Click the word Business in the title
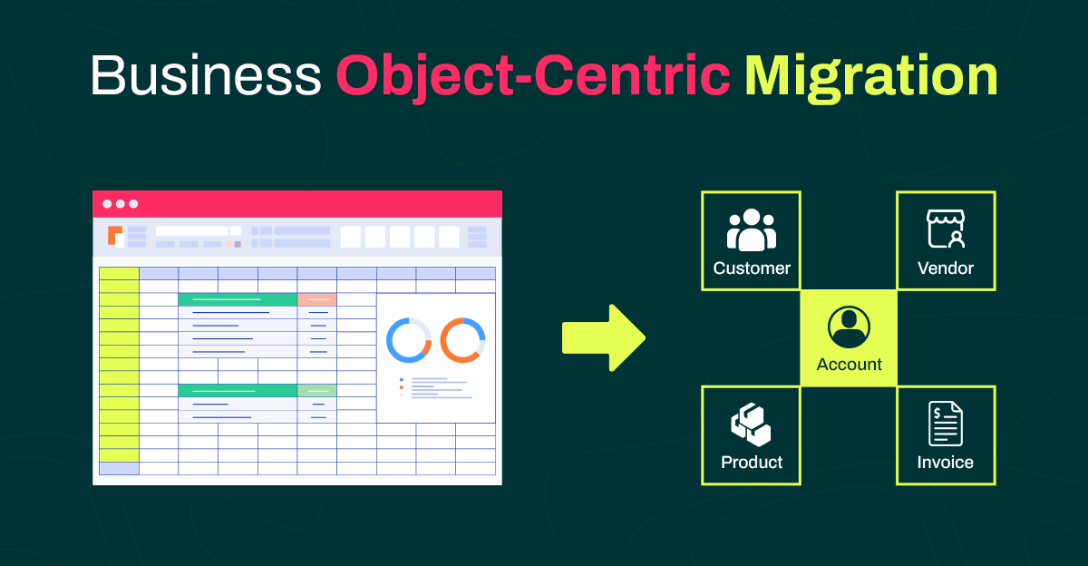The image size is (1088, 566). click(206, 75)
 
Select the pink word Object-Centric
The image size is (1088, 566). click(533, 78)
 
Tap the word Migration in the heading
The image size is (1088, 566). click(871, 78)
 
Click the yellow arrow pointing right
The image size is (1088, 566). click(604, 338)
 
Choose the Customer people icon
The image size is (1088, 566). click(752, 229)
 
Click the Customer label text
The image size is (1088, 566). click(752, 268)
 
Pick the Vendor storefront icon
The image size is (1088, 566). click(946, 229)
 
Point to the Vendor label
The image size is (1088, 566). click(946, 268)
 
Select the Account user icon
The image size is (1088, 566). click(849, 327)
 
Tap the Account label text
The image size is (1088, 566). click(849, 365)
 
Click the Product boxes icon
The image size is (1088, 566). click(751, 424)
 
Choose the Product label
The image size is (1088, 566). click(752, 463)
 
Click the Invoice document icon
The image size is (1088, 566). click(945, 424)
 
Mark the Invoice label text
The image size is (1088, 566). click(945, 463)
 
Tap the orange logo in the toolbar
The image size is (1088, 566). click(115, 236)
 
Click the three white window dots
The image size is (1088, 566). click(120, 203)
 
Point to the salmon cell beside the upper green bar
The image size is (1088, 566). click(316, 299)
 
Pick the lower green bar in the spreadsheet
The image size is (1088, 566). click(238, 390)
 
